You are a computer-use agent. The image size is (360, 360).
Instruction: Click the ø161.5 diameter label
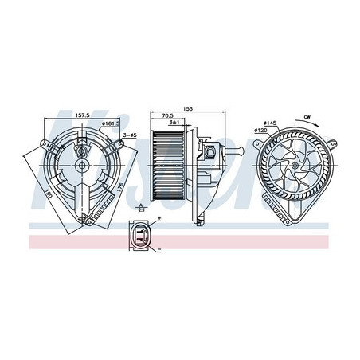click(x=110, y=124)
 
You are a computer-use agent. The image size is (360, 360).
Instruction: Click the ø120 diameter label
click(x=260, y=130)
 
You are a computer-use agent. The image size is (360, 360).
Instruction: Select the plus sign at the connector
click(x=159, y=219)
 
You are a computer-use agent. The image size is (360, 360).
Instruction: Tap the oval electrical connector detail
click(x=141, y=235)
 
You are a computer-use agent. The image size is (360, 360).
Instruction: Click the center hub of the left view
click(x=82, y=166)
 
